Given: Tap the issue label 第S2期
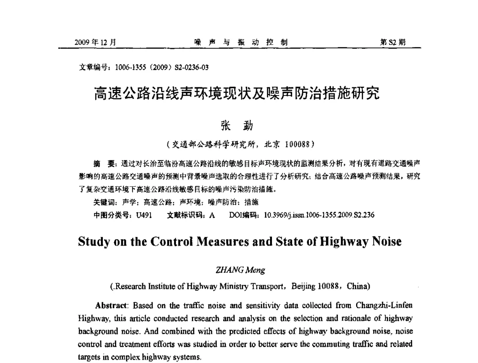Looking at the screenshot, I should click(392, 43).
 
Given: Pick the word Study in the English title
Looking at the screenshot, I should click(96, 242).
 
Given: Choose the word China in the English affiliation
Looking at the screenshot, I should click(356, 287).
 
